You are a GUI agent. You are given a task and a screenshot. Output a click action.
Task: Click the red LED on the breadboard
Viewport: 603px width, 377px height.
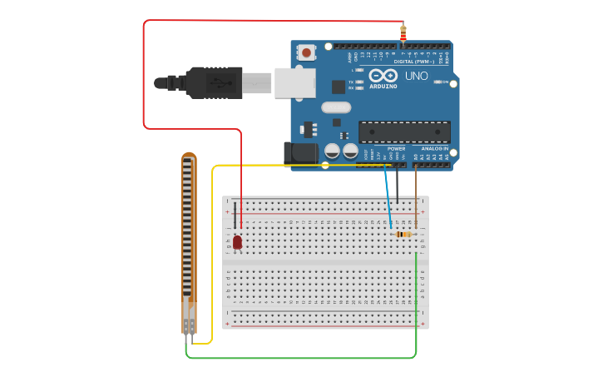point(237,242)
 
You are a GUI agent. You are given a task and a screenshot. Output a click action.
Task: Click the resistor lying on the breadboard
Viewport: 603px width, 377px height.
point(403,235)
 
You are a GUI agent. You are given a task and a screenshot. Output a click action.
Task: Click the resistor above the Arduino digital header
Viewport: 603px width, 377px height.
point(403,33)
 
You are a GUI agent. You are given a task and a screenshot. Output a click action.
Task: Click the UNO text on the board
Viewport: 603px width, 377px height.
point(416,77)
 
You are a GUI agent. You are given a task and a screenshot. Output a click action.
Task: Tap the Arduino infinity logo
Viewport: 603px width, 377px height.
point(383,75)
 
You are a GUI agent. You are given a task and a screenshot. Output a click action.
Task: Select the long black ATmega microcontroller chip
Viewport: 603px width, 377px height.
point(404,131)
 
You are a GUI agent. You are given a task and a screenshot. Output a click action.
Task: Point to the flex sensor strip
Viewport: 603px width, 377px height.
point(189,241)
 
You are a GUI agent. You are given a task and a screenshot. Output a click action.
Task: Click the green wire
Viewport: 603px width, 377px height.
point(299,359)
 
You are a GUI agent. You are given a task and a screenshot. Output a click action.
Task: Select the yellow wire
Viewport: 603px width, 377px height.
point(212,250)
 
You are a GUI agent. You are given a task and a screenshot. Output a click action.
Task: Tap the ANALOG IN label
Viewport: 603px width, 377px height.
point(434,148)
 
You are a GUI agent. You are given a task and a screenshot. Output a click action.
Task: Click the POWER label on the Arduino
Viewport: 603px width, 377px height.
point(396,148)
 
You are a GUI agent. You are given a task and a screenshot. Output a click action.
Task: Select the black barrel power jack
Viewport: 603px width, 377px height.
point(299,153)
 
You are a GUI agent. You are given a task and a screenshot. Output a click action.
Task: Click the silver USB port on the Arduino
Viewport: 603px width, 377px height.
point(294,82)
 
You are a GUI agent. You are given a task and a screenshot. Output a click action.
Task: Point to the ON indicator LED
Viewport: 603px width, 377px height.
point(438,82)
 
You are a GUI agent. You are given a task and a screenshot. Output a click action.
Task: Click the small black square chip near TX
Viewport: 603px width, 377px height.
point(339,87)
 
